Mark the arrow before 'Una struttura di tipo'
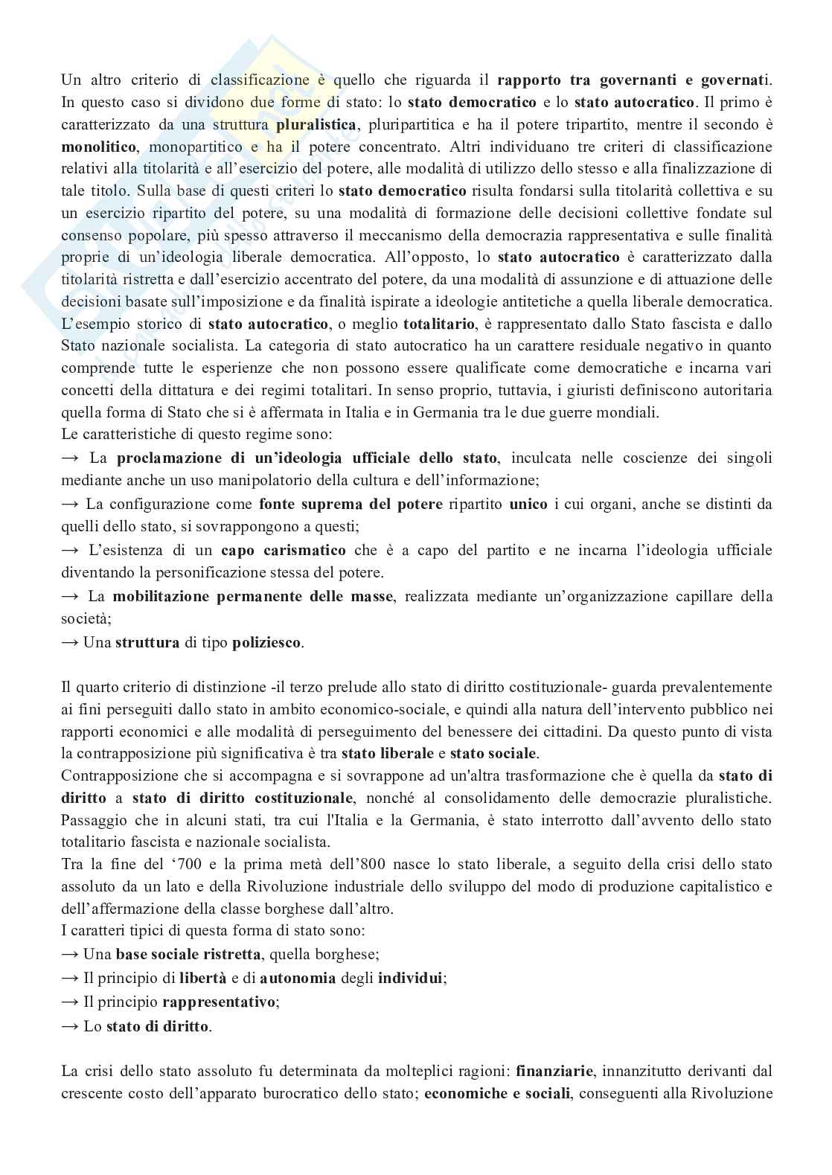[70, 642]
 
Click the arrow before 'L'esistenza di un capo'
[70, 550]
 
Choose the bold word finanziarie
[554, 1072]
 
